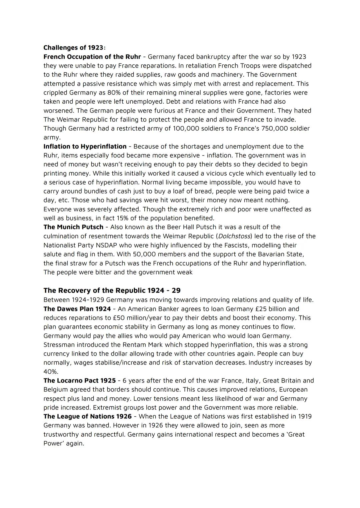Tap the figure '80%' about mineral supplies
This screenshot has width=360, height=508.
click(114, 93)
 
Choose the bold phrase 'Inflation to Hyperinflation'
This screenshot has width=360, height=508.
click(85, 146)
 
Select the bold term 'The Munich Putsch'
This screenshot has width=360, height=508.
click(73, 227)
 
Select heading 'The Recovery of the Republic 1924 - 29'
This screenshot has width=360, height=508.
click(112, 290)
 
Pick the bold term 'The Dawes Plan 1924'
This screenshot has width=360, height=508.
click(77, 309)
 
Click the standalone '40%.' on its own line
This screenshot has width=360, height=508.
click(51, 372)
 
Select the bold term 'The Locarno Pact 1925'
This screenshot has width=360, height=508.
click(80, 380)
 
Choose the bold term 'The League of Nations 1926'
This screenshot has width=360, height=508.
click(87, 416)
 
